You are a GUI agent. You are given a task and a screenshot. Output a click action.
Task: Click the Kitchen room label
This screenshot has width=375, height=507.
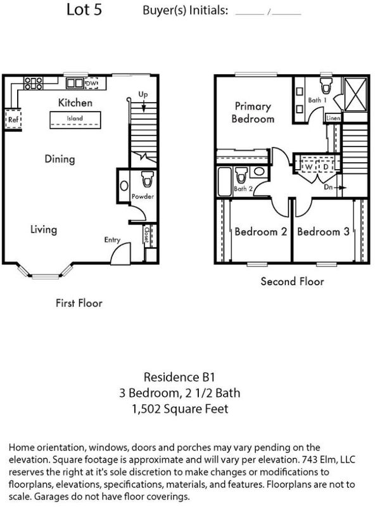[x=75, y=103]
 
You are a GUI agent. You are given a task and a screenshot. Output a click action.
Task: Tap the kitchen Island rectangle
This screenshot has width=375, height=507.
[x=75, y=120]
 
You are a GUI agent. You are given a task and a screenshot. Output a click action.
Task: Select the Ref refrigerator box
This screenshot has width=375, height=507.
[x=13, y=120]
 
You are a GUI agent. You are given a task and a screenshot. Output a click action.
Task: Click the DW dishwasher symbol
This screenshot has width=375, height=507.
[x=91, y=84]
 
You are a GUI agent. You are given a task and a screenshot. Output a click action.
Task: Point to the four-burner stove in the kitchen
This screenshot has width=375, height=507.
[x=34, y=83]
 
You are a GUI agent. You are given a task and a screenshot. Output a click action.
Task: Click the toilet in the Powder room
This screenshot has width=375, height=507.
[x=148, y=179]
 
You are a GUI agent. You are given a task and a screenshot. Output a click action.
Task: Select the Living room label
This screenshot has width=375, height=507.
[x=44, y=229]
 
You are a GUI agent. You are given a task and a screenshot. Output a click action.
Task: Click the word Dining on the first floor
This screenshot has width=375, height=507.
[x=60, y=159]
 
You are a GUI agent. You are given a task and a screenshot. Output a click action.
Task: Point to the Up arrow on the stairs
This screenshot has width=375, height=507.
[x=144, y=106]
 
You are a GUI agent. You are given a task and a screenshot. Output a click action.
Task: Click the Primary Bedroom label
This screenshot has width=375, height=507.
[x=253, y=112]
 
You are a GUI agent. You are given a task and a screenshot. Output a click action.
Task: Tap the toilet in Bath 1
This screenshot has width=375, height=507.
[x=326, y=85]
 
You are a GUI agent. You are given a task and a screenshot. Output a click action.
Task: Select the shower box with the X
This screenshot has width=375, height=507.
[x=355, y=94]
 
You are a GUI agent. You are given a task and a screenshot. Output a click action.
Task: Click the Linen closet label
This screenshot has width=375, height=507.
[x=333, y=118]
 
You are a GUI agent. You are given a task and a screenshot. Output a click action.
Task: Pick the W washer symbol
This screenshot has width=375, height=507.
[x=308, y=167]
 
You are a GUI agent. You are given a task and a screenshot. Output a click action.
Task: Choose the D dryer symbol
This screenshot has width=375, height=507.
[x=326, y=167]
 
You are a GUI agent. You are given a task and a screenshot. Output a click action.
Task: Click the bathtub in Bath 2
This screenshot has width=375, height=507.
[x=224, y=181]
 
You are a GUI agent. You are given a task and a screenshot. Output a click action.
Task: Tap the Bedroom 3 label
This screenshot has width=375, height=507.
[x=323, y=232]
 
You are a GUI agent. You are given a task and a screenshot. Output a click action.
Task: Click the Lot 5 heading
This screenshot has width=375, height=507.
[x=84, y=10]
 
